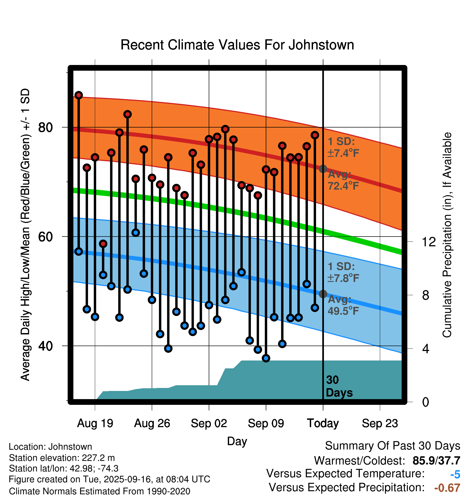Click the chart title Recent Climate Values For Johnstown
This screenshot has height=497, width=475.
237,45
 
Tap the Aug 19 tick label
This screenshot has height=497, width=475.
95,423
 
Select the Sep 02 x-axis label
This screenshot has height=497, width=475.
209,423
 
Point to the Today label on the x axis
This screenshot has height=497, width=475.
323,423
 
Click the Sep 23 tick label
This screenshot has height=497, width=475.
380,423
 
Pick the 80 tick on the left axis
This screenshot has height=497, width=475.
45,127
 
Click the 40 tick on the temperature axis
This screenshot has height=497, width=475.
45,346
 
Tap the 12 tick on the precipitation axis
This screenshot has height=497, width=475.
429,242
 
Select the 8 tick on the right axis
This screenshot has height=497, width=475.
426,295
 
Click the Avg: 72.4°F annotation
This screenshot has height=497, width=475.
343,180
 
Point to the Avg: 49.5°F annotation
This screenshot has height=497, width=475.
343,305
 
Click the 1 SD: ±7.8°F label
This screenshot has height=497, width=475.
343,272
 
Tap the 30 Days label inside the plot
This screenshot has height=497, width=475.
339,386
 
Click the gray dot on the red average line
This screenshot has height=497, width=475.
323,169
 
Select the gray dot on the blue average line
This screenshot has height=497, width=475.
323,294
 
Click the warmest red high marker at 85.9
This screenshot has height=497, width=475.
79,95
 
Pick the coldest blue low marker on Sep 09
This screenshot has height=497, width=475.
266,358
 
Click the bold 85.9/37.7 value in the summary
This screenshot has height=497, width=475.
436,461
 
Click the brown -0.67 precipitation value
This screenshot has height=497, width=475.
447,488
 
